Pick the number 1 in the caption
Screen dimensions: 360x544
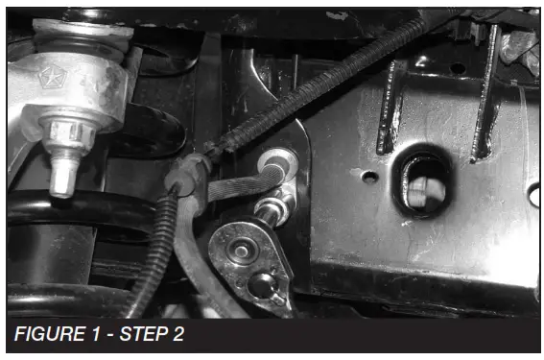[x=94, y=336]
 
